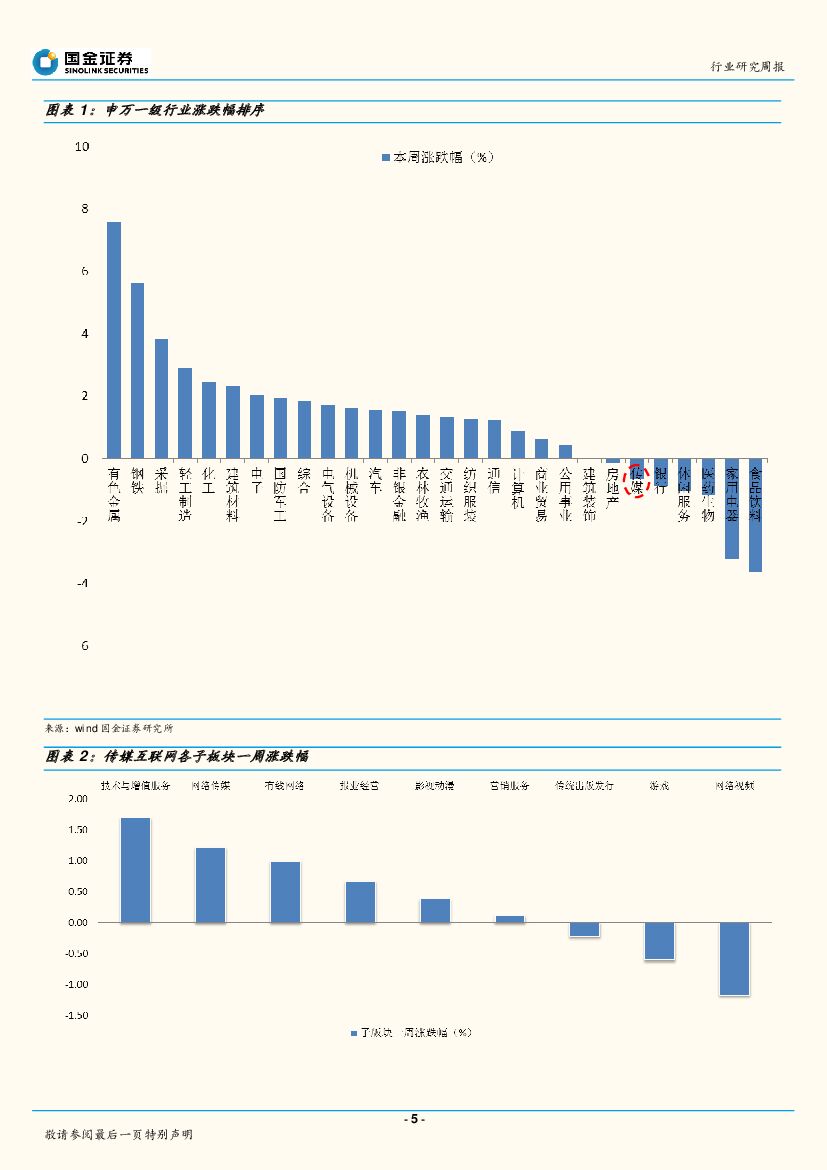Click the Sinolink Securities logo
click(90, 62)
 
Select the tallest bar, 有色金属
click(114, 340)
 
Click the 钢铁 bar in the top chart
click(138, 370)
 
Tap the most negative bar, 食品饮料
click(755, 515)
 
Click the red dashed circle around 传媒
click(637, 480)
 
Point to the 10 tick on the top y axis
click(82, 147)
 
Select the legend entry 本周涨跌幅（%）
click(438, 157)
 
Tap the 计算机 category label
click(518, 488)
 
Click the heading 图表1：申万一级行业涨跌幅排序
click(155, 110)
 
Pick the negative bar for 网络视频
click(734, 958)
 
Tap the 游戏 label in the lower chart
click(659, 786)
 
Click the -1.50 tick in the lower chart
click(76, 1016)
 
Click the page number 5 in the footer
click(413, 1119)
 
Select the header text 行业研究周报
click(747, 66)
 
